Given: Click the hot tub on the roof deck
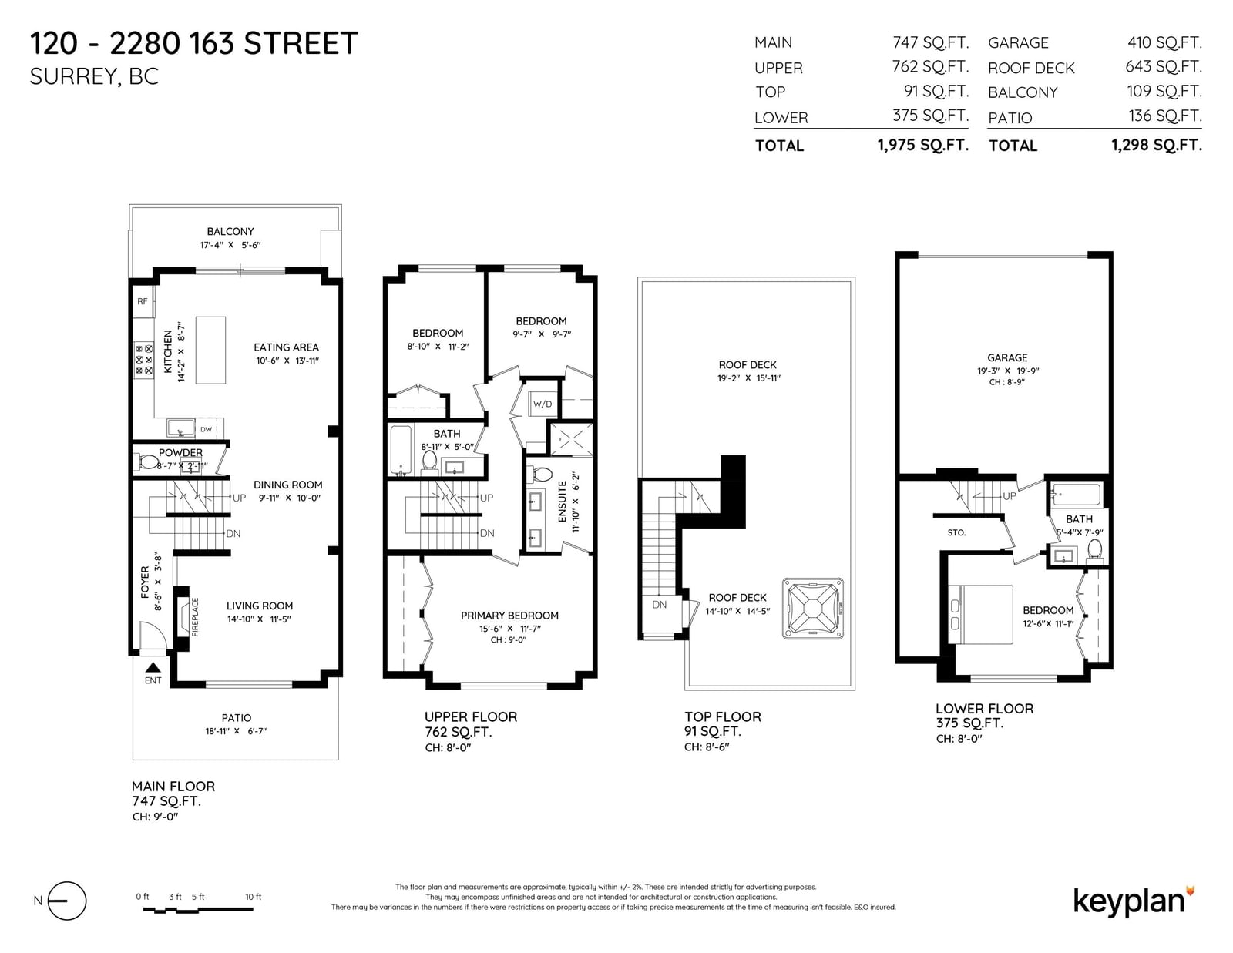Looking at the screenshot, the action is [812, 609].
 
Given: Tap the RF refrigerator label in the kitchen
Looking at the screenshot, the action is [143, 301].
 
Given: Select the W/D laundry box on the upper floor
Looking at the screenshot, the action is [543, 404].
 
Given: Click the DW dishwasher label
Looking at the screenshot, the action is [206, 429].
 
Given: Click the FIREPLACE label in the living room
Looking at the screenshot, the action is [195, 617].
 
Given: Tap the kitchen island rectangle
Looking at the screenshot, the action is [210, 350].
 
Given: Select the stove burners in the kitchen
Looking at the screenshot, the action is [143, 360].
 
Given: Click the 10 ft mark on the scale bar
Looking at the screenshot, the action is [253, 897].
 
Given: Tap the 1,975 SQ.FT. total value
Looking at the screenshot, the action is [922, 145].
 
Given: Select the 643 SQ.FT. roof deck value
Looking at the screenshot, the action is [1163, 67].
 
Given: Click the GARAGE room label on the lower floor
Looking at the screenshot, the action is [1007, 357].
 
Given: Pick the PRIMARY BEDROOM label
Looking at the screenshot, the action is [509, 616].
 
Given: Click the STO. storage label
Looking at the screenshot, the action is [956, 532].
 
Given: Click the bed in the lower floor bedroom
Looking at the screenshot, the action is [980, 614].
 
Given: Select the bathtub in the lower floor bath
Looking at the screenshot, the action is [1076, 495].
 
